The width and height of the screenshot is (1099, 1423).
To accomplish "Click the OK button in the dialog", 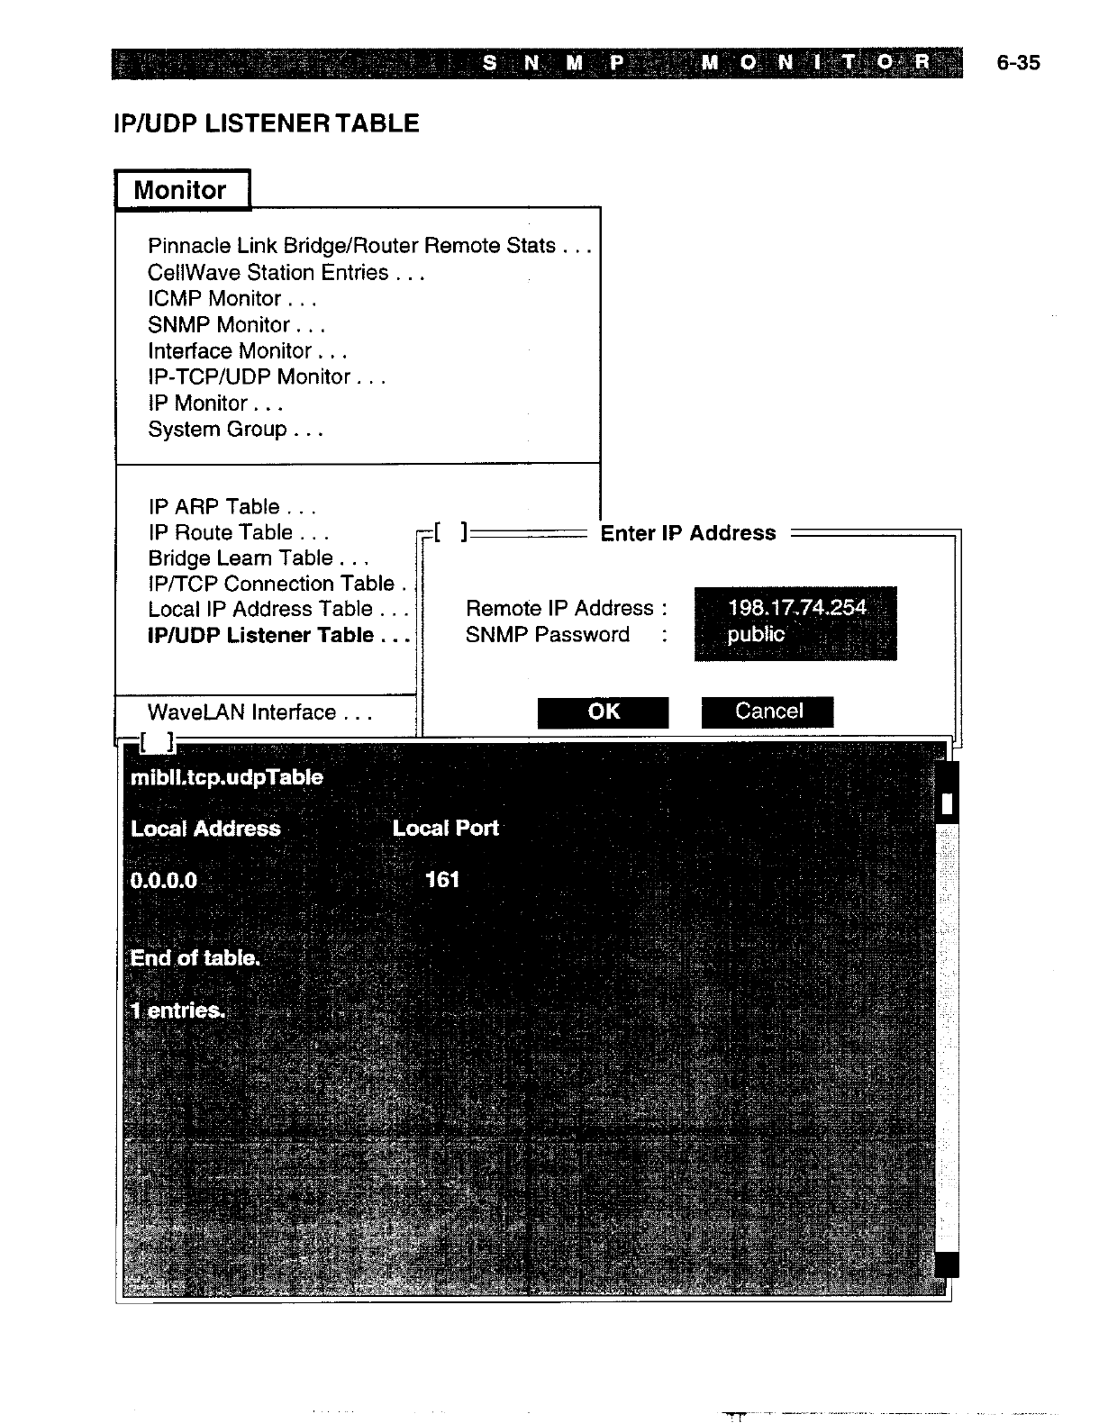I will tap(603, 711).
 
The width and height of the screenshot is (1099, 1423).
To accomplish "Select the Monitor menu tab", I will tap(181, 190).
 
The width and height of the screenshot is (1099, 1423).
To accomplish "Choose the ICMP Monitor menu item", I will tap(232, 299).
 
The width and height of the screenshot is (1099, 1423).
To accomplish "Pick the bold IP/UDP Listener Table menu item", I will tap(277, 636).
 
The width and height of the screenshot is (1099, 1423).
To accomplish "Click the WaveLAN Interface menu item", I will tap(259, 712).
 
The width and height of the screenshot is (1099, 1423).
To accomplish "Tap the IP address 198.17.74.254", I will tap(796, 607).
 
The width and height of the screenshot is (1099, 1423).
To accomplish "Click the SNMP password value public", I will tap(756, 634).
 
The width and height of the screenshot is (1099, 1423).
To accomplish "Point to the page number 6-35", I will tap(1018, 63).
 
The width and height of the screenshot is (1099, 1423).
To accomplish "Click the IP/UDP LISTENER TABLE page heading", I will tap(267, 123).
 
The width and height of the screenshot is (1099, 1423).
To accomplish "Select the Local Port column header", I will tap(445, 828).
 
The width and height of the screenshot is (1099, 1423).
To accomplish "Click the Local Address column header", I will tap(205, 829).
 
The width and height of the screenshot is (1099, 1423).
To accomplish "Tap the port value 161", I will tap(441, 879).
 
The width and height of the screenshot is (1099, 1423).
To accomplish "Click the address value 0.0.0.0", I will tap(163, 880).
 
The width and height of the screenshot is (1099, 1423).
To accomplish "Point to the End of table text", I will tap(195, 958).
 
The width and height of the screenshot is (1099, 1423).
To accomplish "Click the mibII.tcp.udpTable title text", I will tap(226, 777).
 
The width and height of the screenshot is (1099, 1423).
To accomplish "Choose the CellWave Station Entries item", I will tap(286, 273).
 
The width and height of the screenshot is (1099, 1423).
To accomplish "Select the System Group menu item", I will tap(235, 430).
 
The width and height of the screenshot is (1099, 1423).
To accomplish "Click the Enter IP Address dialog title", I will tap(687, 533).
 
